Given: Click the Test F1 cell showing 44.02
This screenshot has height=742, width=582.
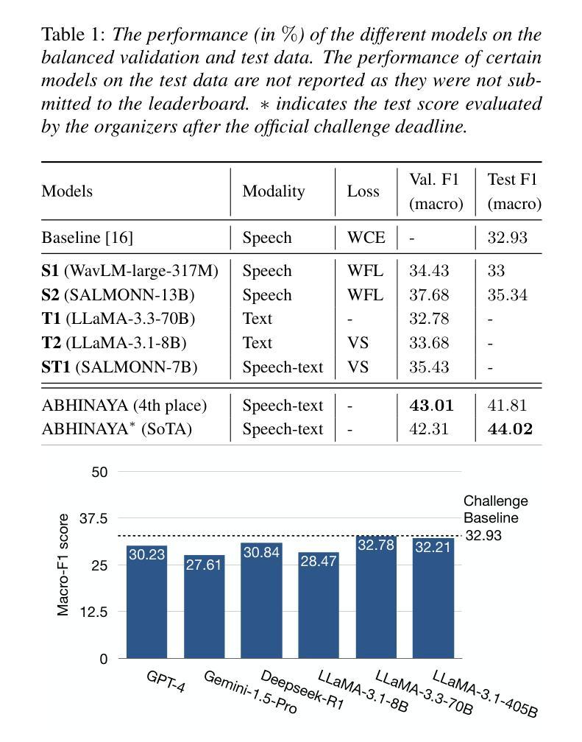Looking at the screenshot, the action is [x=510, y=428].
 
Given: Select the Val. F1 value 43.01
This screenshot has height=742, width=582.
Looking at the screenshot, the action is [x=431, y=405].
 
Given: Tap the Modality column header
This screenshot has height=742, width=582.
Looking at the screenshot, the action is [x=274, y=191].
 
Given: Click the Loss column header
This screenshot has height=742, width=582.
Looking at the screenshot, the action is [x=363, y=191].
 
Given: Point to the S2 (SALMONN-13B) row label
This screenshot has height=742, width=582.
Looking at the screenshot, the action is [x=118, y=294].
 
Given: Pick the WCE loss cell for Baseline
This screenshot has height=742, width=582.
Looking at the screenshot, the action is [x=366, y=237].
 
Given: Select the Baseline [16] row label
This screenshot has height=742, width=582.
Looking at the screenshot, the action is [x=88, y=237].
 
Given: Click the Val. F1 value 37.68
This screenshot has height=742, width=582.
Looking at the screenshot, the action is [x=429, y=294].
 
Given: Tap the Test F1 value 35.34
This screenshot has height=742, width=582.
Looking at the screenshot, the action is [x=507, y=294].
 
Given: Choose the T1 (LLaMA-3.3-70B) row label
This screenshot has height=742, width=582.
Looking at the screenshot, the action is [x=118, y=319].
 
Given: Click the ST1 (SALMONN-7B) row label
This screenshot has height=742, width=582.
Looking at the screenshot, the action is [x=119, y=367].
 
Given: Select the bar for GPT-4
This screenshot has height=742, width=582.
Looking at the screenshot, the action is [x=146, y=601].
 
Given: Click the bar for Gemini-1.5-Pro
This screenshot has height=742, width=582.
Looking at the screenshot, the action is [x=204, y=607].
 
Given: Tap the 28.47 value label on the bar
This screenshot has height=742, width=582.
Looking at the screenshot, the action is [x=319, y=561].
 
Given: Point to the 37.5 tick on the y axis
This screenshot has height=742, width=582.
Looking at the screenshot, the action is [x=93, y=518].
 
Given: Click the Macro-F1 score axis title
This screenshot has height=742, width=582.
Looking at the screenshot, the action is [x=63, y=565].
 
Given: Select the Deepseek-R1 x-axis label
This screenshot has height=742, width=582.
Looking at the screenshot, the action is [x=302, y=690].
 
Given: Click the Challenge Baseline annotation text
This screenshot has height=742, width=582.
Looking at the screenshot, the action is [x=495, y=509].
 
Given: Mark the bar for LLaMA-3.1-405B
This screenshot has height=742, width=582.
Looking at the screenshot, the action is [x=433, y=598].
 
